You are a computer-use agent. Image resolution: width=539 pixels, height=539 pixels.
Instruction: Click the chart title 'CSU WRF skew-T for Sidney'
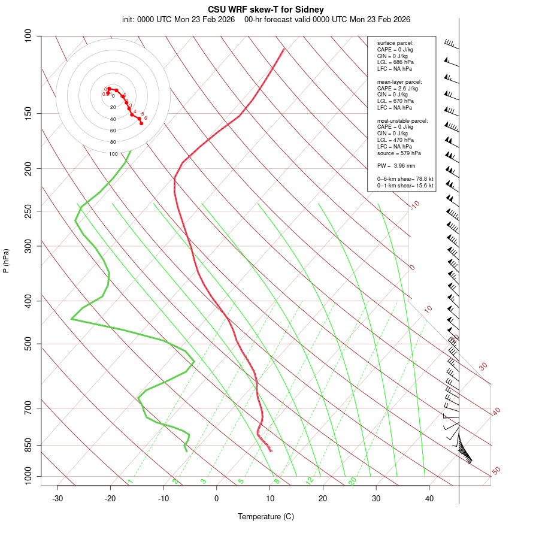point(266,10)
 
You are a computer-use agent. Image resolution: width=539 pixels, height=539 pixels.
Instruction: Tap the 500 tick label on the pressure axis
point(29,344)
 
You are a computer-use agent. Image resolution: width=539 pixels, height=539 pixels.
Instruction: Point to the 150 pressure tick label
point(29,113)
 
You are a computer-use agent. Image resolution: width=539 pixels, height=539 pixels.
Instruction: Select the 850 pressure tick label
point(29,445)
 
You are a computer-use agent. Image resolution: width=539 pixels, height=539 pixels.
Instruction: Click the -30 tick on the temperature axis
point(57,498)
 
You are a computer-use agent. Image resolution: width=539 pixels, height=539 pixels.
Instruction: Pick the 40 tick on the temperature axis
point(429,498)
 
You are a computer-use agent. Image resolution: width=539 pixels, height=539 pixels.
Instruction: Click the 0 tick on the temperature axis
point(217,498)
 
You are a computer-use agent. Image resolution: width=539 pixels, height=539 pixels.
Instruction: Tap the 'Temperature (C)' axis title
point(266,516)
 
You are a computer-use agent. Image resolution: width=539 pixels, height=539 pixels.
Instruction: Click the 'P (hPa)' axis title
point(6,261)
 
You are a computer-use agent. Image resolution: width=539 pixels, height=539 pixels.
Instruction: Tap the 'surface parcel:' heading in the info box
point(395,43)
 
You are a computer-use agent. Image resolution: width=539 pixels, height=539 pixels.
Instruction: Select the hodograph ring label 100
point(113,154)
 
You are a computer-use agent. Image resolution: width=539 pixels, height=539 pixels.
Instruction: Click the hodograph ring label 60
point(113,131)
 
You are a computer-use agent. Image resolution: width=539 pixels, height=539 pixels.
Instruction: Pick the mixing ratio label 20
point(353,481)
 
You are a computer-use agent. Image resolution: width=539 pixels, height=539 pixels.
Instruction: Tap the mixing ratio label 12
point(310,481)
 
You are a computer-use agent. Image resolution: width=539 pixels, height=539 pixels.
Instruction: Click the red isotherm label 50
point(496,471)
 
